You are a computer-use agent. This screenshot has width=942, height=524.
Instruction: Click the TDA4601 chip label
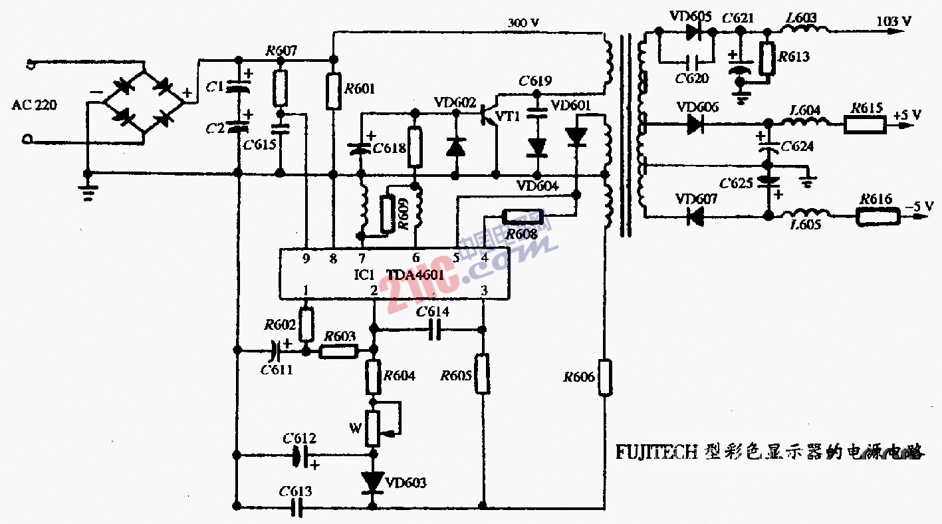point(415,274)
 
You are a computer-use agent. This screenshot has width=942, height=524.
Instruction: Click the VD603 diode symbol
point(373,482)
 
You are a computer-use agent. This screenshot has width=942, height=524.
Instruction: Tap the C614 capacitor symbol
point(435,329)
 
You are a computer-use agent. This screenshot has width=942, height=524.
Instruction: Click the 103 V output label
point(894,21)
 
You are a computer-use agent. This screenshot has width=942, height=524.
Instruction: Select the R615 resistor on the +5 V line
point(865,124)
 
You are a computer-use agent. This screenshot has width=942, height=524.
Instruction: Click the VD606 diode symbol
point(695,124)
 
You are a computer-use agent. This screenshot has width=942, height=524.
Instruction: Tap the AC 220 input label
point(35,104)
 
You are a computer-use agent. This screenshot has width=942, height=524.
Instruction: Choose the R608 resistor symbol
point(523,216)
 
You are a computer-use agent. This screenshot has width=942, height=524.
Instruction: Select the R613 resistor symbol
point(768,59)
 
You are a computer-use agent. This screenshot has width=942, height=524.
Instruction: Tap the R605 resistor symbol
point(483,374)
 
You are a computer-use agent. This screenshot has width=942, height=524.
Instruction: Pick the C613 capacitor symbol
point(298,509)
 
